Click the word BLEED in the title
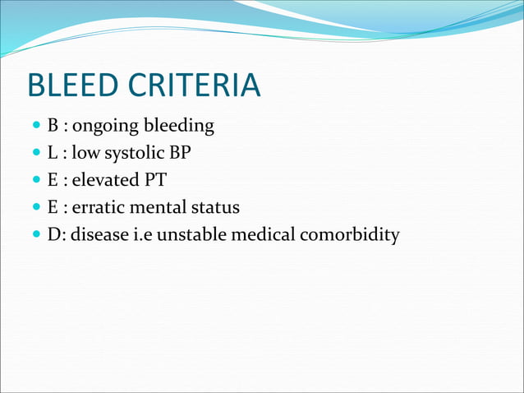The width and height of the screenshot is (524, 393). coord(79,86)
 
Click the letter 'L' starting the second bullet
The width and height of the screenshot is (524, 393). coord(51,154)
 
